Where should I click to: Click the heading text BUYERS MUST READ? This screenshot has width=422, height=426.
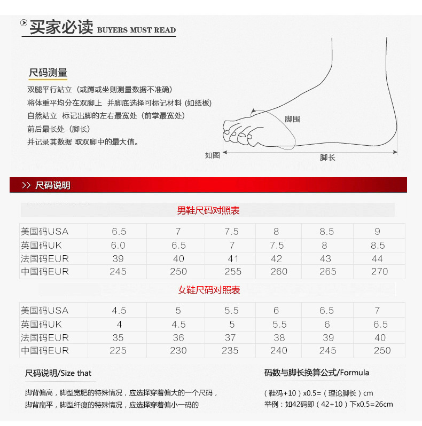coord(136,30)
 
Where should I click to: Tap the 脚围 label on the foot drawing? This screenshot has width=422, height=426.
coord(292,119)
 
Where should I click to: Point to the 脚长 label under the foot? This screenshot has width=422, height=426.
coord(327,157)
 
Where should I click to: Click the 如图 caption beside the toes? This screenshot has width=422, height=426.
coord(213,155)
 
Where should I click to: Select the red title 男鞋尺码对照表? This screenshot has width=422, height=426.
coord(208,211)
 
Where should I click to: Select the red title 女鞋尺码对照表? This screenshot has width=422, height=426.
coord(209,290)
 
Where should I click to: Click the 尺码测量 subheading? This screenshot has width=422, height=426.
coord(48,73)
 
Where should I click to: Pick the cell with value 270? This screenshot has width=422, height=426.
coord(379,272)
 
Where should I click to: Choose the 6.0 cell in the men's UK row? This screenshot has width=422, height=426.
coord(118,246)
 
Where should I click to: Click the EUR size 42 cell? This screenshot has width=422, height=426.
coord(276,259)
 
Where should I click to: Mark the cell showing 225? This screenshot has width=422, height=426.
coord(118,351)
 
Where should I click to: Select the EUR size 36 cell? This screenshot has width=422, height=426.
coord(178,338)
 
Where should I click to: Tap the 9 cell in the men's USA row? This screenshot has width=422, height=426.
coord(378,232)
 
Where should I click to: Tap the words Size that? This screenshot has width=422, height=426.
coord(76,373)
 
